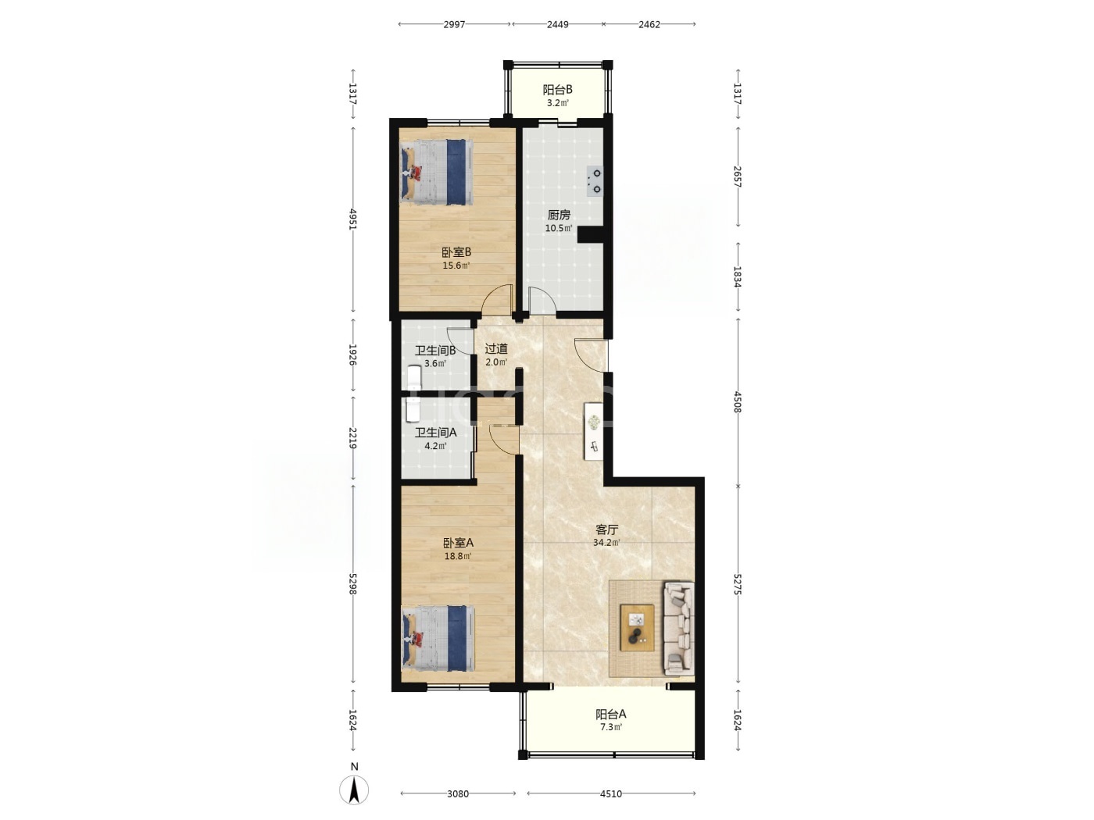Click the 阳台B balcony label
click(557, 90)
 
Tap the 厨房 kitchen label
click(559, 215)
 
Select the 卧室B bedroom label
click(456, 252)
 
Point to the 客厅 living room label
click(606, 529)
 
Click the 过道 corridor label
click(496, 349)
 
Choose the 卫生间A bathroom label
click(435, 433)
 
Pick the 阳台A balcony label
click(610, 714)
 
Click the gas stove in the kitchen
click(595, 181)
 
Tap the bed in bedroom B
click(437, 172)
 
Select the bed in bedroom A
click(438, 638)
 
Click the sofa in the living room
click(678, 629)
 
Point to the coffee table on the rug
click(637, 628)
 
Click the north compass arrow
click(354, 790)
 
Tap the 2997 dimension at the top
click(454, 24)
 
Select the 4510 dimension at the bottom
click(610, 793)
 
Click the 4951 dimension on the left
click(353, 219)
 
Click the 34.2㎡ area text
click(606, 543)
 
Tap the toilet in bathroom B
click(414, 378)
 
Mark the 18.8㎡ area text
click(458, 556)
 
